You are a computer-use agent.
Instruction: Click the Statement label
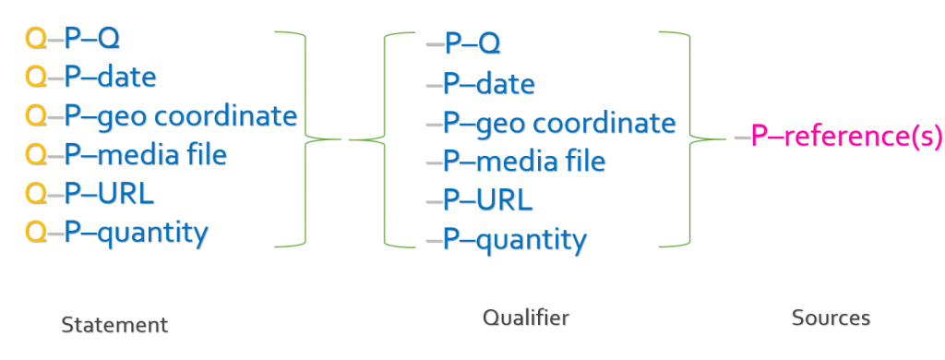pyautogui.click(x=114, y=324)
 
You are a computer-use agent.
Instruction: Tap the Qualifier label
pyautogui.click(x=525, y=318)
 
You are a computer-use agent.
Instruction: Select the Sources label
pyautogui.click(x=831, y=318)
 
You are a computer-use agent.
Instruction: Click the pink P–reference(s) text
pyautogui.click(x=847, y=137)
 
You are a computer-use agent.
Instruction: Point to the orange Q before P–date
pyautogui.click(x=36, y=77)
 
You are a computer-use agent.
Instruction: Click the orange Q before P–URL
pyautogui.click(x=36, y=194)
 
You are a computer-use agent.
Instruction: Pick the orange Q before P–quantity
pyautogui.click(x=36, y=233)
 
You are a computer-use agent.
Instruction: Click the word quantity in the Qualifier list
pyautogui.click(x=531, y=240)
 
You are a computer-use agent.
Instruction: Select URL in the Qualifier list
pyautogui.click(x=505, y=200)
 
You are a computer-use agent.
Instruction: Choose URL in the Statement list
pyautogui.click(x=126, y=194)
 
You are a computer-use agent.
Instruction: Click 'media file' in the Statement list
pyautogui.click(x=161, y=154)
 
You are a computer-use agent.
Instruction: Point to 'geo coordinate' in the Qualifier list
pyautogui.click(x=576, y=124)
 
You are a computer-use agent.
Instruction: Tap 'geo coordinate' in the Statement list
pyautogui.click(x=197, y=115)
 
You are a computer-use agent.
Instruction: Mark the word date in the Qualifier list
pyautogui.click(x=505, y=84)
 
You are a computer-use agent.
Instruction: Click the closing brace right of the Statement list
pyautogui.click(x=306, y=139)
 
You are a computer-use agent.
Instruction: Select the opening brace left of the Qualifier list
pyautogui.click(x=383, y=139)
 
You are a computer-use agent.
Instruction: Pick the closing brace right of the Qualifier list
pyautogui.click(x=690, y=139)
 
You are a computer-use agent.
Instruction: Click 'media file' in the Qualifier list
pyautogui.click(x=541, y=161)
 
